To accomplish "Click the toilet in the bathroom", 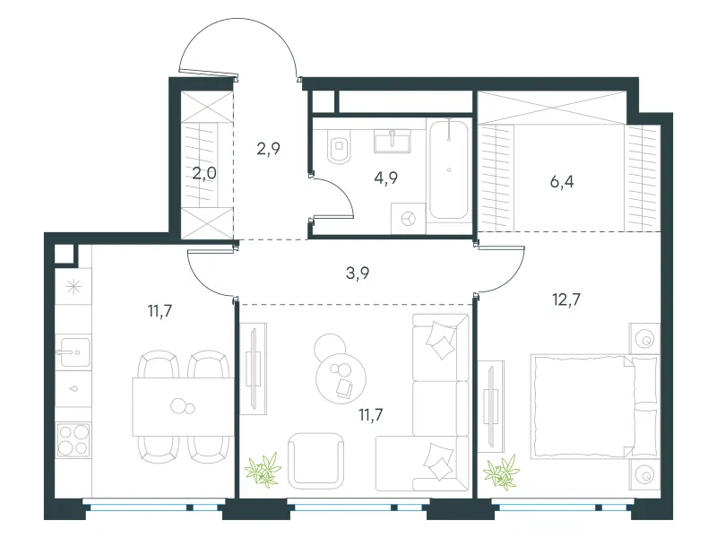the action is pyautogui.click(x=339, y=145).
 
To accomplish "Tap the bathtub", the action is pyautogui.click(x=449, y=169).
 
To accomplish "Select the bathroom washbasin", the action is pyautogui.click(x=392, y=141).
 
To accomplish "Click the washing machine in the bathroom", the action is pyautogui.click(x=409, y=219).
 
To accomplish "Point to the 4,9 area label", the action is pyautogui.click(x=385, y=178).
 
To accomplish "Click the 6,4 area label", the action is pyautogui.click(x=562, y=182).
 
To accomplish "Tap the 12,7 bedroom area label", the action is pyautogui.click(x=566, y=299).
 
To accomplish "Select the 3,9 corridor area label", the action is pyautogui.click(x=358, y=273).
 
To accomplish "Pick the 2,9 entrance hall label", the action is pyautogui.click(x=268, y=148).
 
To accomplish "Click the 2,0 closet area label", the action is pyautogui.click(x=204, y=173).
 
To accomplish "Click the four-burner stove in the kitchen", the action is pyautogui.click(x=73, y=440).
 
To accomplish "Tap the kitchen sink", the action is pyautogui.click(x=73, y=351).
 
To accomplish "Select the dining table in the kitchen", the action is pyautogui.click(x=183, y=407).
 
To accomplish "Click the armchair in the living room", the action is pyautogui.click(x=316, y=460).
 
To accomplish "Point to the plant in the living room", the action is pyautogui.click(x=263, y=468).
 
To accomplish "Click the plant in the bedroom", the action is pyautogui.click(x=502, y=472).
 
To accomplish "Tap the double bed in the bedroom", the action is pyautogui.click(x=594, y=406).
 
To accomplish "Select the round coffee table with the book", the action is pyautogui.click(x=341, y=377).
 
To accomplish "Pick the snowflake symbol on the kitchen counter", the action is pyautogui.click(x=73, y=287).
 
